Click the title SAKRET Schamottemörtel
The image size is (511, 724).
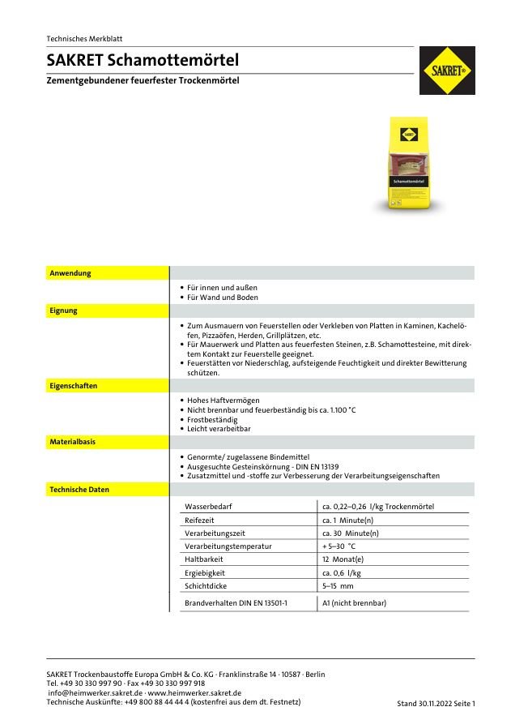[143, 61]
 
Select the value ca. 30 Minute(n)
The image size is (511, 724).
[350, 533]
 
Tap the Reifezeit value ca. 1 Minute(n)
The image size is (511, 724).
[347, 521]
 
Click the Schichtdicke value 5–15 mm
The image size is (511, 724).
[338, 585]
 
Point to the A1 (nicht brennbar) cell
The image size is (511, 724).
[354, 603]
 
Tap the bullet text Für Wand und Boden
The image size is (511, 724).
[222, 298]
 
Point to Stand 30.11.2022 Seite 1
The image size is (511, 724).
[436, 703]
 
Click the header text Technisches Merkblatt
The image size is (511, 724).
[85, 39]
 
